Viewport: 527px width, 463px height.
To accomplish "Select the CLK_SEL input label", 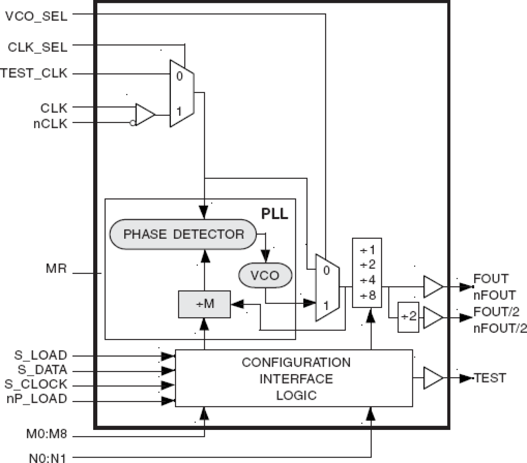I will tap(37, 47).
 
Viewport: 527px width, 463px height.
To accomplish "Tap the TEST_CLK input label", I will tap(34, 73).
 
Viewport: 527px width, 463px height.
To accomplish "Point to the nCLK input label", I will tap(50, 124).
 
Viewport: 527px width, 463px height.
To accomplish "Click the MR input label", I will tap(56, 269).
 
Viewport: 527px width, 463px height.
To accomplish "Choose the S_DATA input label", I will tap(42, 370).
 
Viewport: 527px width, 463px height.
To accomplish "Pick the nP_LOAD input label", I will tap(37, 398).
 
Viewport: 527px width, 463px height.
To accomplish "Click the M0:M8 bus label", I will tap(47, 434).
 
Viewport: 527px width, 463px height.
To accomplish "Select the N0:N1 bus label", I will tap(47, 458).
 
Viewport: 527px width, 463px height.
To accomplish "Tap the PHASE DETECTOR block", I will tap(183, 234).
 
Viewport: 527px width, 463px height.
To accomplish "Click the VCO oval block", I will tap(265, 275).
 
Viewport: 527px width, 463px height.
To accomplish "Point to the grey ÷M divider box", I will tap(204, 304).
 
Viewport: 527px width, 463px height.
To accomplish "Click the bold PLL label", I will tap(274, 214).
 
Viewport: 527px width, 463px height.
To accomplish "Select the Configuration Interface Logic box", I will tap(294, 378).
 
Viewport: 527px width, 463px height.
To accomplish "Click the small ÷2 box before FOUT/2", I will tap(408, 317).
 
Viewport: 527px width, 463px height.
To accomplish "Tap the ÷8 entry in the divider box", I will tap(367, 296).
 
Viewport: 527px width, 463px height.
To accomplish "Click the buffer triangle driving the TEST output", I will tap(433, 378).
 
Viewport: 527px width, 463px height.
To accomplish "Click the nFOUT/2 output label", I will tap(500, 328).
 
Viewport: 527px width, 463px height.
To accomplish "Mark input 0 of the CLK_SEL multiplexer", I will tap(179, 76).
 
